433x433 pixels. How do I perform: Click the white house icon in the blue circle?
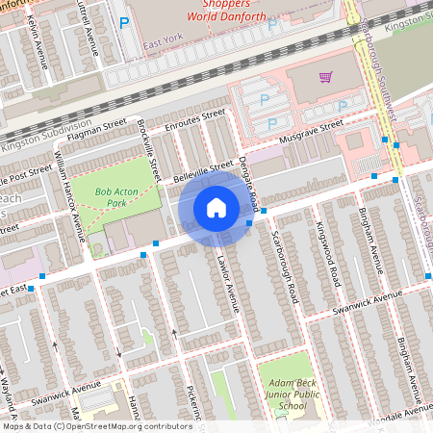pos(216,207)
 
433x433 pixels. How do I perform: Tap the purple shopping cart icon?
pos(326,78)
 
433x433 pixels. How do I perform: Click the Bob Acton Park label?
pos(116,197)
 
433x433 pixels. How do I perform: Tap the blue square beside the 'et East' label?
pos(30,288)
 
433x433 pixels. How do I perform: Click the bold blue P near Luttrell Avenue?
pos(121,23)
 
